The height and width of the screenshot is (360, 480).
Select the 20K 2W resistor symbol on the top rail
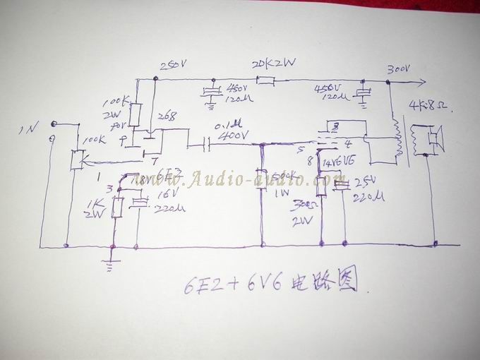click(x=265, y=81)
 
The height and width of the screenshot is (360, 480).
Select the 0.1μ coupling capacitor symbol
click(x=206, y=145)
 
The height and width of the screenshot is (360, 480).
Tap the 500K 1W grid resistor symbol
click(x=260, y=176)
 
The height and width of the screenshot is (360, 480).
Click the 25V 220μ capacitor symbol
click(x=342, y=185)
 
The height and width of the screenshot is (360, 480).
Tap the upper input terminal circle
click(x=54, y=124)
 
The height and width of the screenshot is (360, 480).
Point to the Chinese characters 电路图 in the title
click(x=331, y=283)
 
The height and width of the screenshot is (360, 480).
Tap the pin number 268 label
click(x=168, y=116)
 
